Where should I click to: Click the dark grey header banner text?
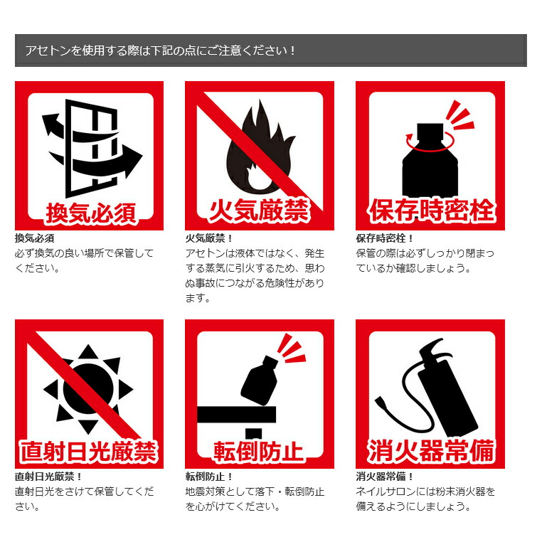tap(160, 51)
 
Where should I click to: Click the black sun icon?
tap(88, 389)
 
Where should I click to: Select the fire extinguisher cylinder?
tap(447, 398)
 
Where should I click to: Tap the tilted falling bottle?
tap(260, 381)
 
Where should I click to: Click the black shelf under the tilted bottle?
tap(236, 414)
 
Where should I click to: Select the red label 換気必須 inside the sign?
tap(90, 213)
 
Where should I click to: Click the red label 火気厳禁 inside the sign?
tap(259, 210)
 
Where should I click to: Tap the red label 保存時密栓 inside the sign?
tap(431, 210)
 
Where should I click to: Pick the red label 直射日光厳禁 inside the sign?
tap(88, 451)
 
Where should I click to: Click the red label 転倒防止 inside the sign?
tap(259, 452)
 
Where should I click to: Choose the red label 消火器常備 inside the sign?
tap(431, 451)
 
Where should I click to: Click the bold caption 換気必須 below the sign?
tap(35, 238)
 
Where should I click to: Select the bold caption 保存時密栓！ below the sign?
tap(385, 238)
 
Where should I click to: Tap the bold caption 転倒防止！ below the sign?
tap(209, 477)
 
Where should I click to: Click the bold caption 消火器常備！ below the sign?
tap(385, 477)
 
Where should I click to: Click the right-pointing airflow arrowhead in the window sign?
tap(133, 161)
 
